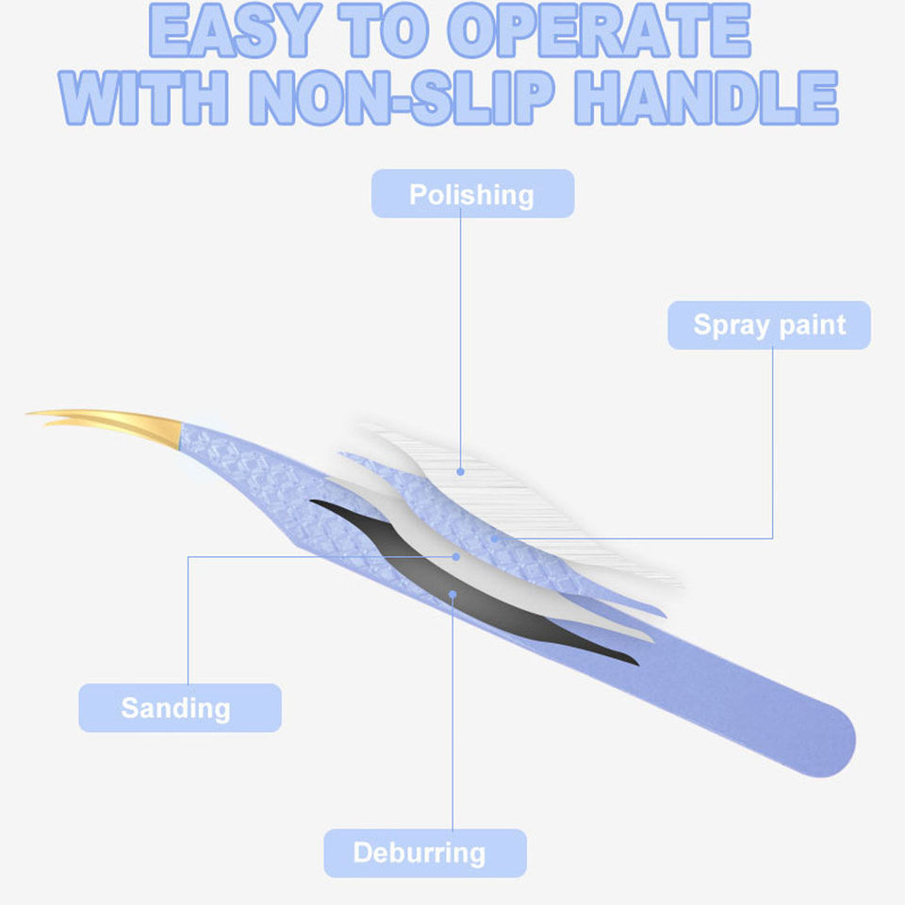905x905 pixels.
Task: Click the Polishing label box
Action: pyautogui.click(x=472, y=194)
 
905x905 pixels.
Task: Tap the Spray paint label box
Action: pyautogui.click(x=769, y=325)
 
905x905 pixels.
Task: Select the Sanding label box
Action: pyautogui.click(x=179, y=708)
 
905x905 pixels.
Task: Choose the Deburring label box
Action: pyautogui.click(x=424, y=853)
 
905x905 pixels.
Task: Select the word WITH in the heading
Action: pyautogui.click(x=147, y=96)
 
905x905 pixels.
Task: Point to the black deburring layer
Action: pyautogui.click(x=490, y=603)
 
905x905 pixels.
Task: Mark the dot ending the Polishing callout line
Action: pyautogui.click(x=461, y=470)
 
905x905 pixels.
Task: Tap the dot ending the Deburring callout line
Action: pyautogui.click(x=453, y=595)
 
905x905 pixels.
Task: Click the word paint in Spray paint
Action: pyautogui.click(x=810, y=325)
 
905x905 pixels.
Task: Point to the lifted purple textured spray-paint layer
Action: pyautogui.click(x=443, y=500)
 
